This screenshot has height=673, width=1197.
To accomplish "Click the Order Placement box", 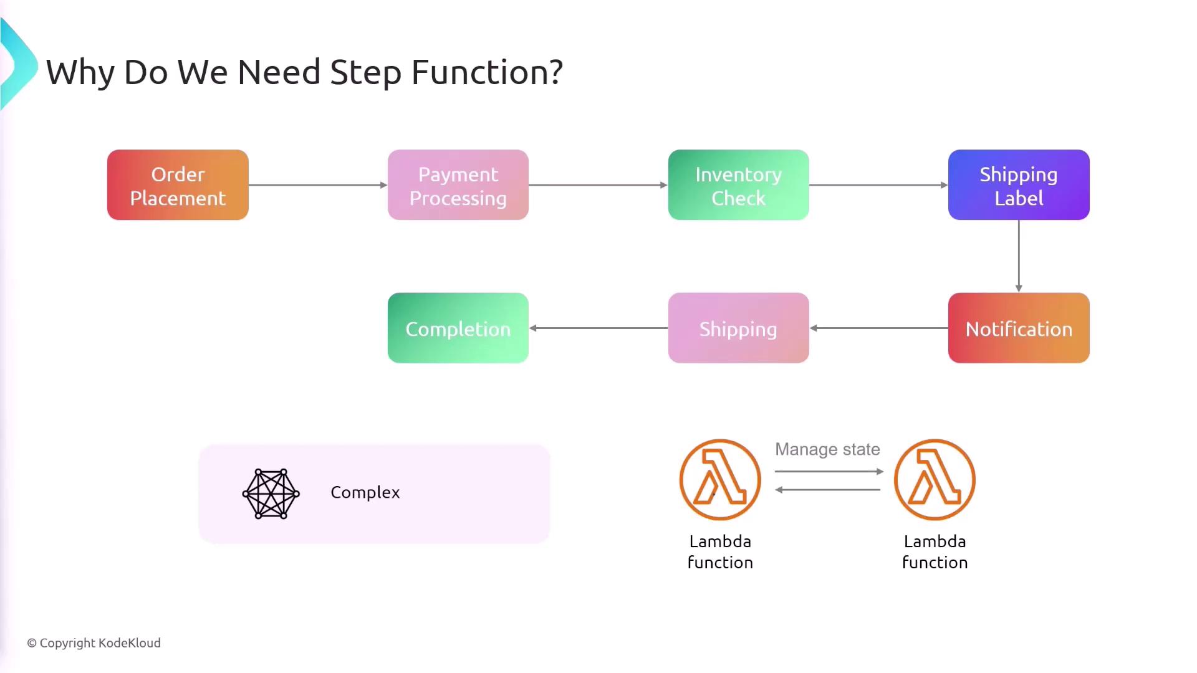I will pyautogui.click(x=178, y=185).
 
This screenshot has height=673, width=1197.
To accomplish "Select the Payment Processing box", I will pyautogui.click(x=458, y=185).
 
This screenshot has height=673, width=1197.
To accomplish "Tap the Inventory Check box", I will pyautogui.click(x=738, y=185).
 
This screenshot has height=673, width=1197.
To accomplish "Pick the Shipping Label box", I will pyautogui.click(x=1019, y=185).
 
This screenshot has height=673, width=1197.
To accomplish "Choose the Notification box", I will pyautogui.click(x=1019, y=328).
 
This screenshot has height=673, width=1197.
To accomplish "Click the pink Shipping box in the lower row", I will pyautogui.click(x=738, y=328).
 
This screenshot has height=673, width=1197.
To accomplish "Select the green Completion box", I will pyautogui.click(x=458, y=328).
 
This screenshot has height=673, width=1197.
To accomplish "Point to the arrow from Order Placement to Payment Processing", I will pyautogui.click(x=318, y=185).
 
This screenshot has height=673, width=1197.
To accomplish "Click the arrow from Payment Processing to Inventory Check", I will pyautogui.click(x=598, y=185).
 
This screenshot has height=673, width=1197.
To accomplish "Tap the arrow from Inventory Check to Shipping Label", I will pyautogui.click(x=878, y=185).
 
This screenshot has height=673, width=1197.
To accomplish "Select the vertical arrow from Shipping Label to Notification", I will pyautogui.click(x=1019, y=256).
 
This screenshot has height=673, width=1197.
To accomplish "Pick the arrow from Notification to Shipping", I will pyautogui.click(x=878, y=328).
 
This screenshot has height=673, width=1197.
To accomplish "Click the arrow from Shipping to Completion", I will pyautogui.click(x=598, y=328).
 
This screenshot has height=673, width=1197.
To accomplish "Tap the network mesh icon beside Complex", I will pyautogui.click(x=271, y=494).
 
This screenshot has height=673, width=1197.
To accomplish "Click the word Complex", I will pyautogui.click(x=365, y=492).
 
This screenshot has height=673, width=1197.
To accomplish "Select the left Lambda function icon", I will pyautogui.click(x=720, y=480).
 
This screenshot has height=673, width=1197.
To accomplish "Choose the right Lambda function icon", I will pyautogui.click(x=935, y=480).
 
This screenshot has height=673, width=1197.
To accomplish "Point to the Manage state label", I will pyautogui.click(x=827, y=449).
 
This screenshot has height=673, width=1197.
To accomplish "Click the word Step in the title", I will pyautogui.click(x=366, y=73).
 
